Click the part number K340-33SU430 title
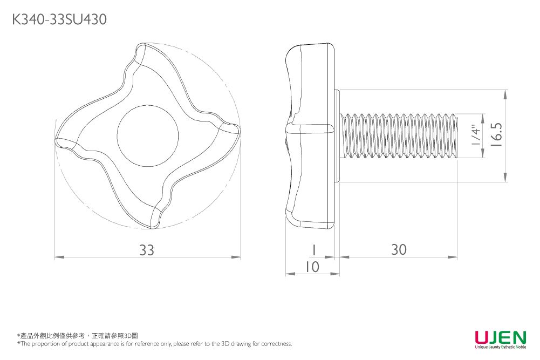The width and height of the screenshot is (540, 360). (59, 20)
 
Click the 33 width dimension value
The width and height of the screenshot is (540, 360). (147, 250)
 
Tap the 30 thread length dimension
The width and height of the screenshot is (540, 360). (399, 250)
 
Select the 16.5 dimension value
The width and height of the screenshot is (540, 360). (496, 135)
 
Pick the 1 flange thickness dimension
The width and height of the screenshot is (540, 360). (312, 250)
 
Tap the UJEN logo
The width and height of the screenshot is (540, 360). (500, 337)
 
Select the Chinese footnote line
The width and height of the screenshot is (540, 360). (78, 336)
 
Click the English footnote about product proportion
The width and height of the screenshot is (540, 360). (155, 344)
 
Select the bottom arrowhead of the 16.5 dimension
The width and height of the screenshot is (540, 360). (505, 178)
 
